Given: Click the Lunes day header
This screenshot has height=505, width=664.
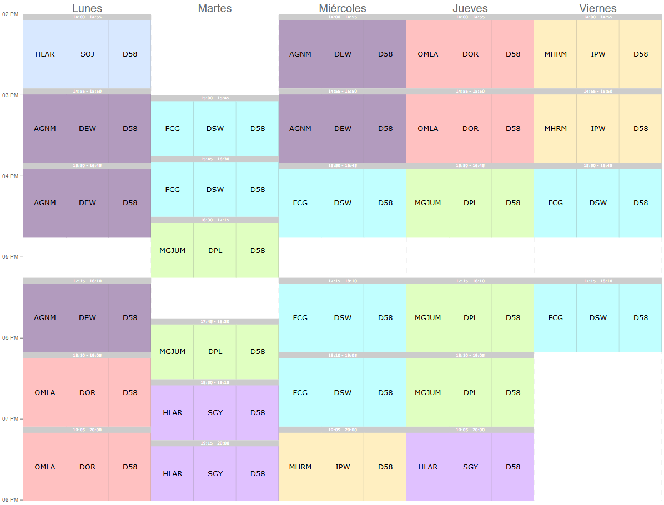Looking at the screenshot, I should click(x=87, y=8).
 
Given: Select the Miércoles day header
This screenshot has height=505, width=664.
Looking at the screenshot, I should click(x=343, y=8).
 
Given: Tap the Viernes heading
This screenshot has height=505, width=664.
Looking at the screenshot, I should click(x=598, y=8).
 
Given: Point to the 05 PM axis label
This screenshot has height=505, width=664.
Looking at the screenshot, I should click(x=10, y=257).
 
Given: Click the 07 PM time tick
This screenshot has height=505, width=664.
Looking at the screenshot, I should click(x=10, y=419).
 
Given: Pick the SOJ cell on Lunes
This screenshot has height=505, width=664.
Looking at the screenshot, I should click(x=87, y=54).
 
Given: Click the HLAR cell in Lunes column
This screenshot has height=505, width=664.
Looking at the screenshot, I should click(x=45, y=54).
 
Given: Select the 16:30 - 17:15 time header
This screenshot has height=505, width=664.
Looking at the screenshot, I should click(x=215, y=220).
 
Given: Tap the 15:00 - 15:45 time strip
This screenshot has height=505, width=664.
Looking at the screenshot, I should click(x=215, y=98).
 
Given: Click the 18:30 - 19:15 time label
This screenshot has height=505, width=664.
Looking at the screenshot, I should click(x=215, y=382).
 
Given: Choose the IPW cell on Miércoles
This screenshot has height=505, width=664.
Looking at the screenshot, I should click(x=343, y=467).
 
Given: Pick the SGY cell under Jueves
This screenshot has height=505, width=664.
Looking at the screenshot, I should click(x=470, y=467).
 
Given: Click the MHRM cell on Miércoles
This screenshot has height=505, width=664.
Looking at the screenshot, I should click(x=300, y=467).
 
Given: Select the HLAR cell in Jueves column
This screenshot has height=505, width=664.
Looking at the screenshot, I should click(x=428, y=467).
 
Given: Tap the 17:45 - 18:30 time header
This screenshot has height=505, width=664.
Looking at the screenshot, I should click(x=215, y=321).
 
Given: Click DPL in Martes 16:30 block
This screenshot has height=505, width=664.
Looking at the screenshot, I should click(x=215, y=251).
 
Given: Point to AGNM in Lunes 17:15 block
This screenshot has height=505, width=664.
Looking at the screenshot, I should click(x=45, y=318).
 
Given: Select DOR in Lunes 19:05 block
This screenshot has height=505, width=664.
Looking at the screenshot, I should click(x=87, y=467).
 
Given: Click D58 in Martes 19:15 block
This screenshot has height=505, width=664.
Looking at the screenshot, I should click(x=258, y=474).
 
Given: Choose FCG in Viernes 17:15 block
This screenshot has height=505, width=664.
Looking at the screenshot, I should click(x=556, y=318).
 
